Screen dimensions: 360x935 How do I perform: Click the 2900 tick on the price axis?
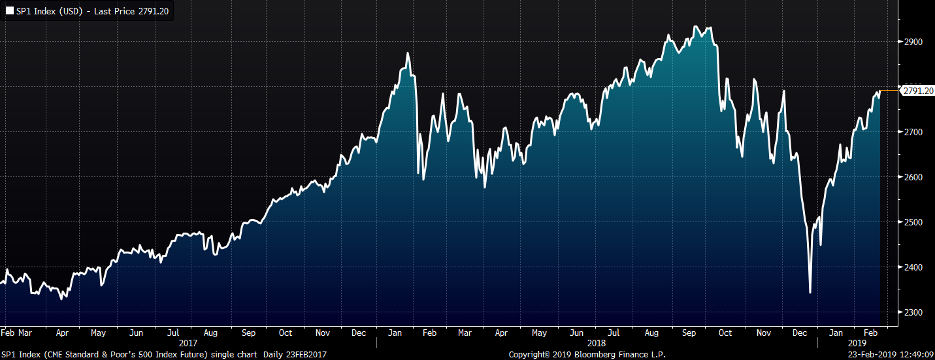[x=913, y=42]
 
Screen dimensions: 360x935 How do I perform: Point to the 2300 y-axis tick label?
[x=913, y=312]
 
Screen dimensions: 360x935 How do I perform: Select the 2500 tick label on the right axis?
[x=913, y=222]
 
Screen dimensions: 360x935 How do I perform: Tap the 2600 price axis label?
[x=913, y=177]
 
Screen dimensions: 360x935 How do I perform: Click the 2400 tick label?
[x=913, y=267]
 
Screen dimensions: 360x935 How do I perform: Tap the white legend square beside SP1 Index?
[x=8, y=11]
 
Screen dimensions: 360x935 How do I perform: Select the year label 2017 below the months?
[x=188, y=343]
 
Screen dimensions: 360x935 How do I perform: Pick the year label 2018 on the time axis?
[x=597, y=343]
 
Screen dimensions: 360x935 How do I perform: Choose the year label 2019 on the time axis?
[x=857, y=343]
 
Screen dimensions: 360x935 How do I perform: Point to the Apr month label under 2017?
[x=62, y=333]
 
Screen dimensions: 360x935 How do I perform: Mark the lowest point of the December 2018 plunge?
[x=810, y=293]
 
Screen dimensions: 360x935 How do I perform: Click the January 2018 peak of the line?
[x=408, y=54]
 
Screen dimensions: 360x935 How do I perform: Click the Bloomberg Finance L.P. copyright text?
[x=587, y=354]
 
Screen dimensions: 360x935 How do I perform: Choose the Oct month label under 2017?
[x=286, y=333]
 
